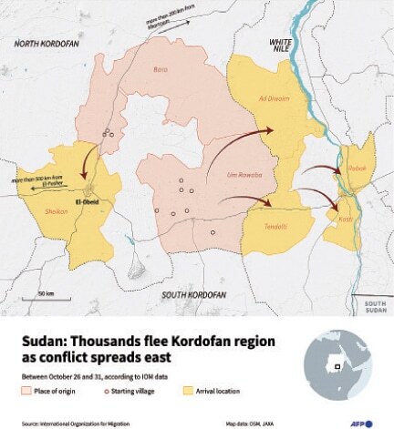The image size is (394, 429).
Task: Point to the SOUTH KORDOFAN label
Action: click(193, 295)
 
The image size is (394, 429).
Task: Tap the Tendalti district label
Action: click(275, 225)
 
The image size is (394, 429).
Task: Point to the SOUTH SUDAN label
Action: click(375, 305)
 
